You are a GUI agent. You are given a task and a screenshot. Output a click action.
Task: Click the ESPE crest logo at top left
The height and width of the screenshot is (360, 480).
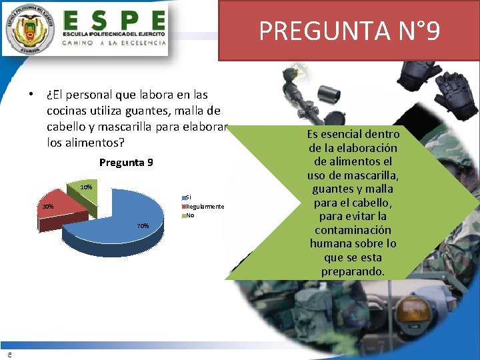[x=29, y=30]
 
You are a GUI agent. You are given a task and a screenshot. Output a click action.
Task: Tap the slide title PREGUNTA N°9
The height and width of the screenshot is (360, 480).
[x=349, y=31]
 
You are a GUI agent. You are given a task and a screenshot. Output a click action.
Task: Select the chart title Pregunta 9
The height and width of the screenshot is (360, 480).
[x=126, y=162]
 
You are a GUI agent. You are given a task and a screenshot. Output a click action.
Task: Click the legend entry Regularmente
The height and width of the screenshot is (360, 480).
[x=205, y=207]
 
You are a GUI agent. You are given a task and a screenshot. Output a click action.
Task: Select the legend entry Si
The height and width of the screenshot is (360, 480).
[x=188, y=197]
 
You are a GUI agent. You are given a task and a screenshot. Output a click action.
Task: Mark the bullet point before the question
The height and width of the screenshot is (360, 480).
[x=31, y=94]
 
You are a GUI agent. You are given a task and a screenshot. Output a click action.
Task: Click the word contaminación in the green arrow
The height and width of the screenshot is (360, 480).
[x=353, y=230]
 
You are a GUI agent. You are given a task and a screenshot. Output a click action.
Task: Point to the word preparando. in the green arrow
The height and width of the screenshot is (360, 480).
[x=353, y=271]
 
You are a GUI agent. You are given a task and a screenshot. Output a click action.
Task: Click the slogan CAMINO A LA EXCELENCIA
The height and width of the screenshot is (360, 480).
[x=114, y=42]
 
